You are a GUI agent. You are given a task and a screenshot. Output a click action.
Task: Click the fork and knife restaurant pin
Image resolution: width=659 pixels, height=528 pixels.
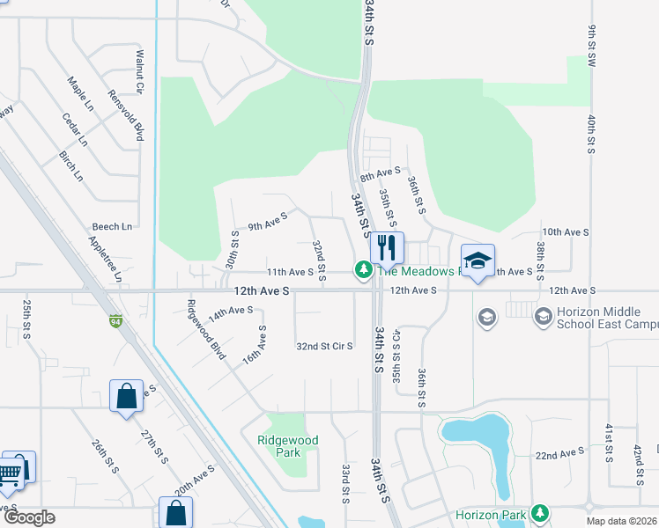(x=385, y=247)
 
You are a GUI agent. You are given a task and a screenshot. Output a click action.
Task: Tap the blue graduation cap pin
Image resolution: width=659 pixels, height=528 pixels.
(x=478, y=261)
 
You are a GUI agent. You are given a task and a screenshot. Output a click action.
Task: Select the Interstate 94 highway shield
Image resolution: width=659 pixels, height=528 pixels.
(x=115, y=321)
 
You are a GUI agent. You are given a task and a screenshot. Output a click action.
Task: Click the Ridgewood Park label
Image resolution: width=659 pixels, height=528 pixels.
(x=287, y=446)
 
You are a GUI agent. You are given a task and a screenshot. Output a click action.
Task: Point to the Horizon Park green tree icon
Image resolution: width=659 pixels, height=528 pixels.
(x=539, y=513)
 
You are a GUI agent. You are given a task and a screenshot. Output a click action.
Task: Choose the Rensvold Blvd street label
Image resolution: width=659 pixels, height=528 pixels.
(x=125, y=115)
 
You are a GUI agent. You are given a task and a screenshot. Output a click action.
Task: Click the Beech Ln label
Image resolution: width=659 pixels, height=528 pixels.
(x=112, y=226)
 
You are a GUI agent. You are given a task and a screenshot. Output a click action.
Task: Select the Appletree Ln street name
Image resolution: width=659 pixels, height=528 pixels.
(x=105, y=258)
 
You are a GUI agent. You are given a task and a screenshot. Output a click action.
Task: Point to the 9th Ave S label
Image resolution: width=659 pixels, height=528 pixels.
(x=268, y=220)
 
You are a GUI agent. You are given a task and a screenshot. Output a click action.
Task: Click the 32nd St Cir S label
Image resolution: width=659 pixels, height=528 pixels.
(x=324, y=347)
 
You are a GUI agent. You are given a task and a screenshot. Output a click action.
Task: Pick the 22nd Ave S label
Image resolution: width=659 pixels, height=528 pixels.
(x=559, y=452)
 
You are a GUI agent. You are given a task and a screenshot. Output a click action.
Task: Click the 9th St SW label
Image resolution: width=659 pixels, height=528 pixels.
(x=593, y=43)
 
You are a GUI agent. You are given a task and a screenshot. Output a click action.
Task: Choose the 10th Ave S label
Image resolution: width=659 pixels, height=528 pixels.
(x=565, y=231)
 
